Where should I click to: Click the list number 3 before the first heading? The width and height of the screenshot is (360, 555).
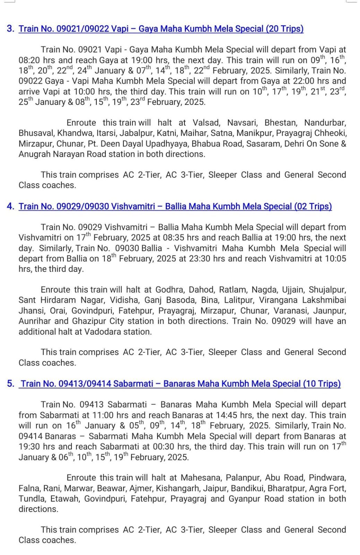[x=10, y=28]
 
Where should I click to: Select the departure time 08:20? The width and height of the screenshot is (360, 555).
[x=29, y=60]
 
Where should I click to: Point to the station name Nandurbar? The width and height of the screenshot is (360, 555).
[x=325, y=123]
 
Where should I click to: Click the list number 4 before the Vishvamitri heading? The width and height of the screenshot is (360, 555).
[x=10, y=206]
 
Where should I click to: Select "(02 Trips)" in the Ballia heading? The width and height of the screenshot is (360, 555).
[x=313, y=206]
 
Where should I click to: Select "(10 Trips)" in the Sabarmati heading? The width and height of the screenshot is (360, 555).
[x=322, y=384]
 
